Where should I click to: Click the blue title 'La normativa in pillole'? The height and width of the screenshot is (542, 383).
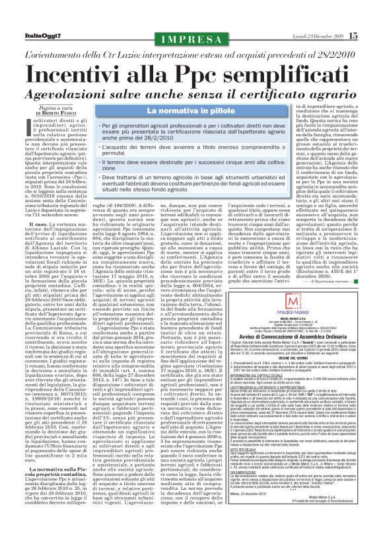[x=191, y=93]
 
